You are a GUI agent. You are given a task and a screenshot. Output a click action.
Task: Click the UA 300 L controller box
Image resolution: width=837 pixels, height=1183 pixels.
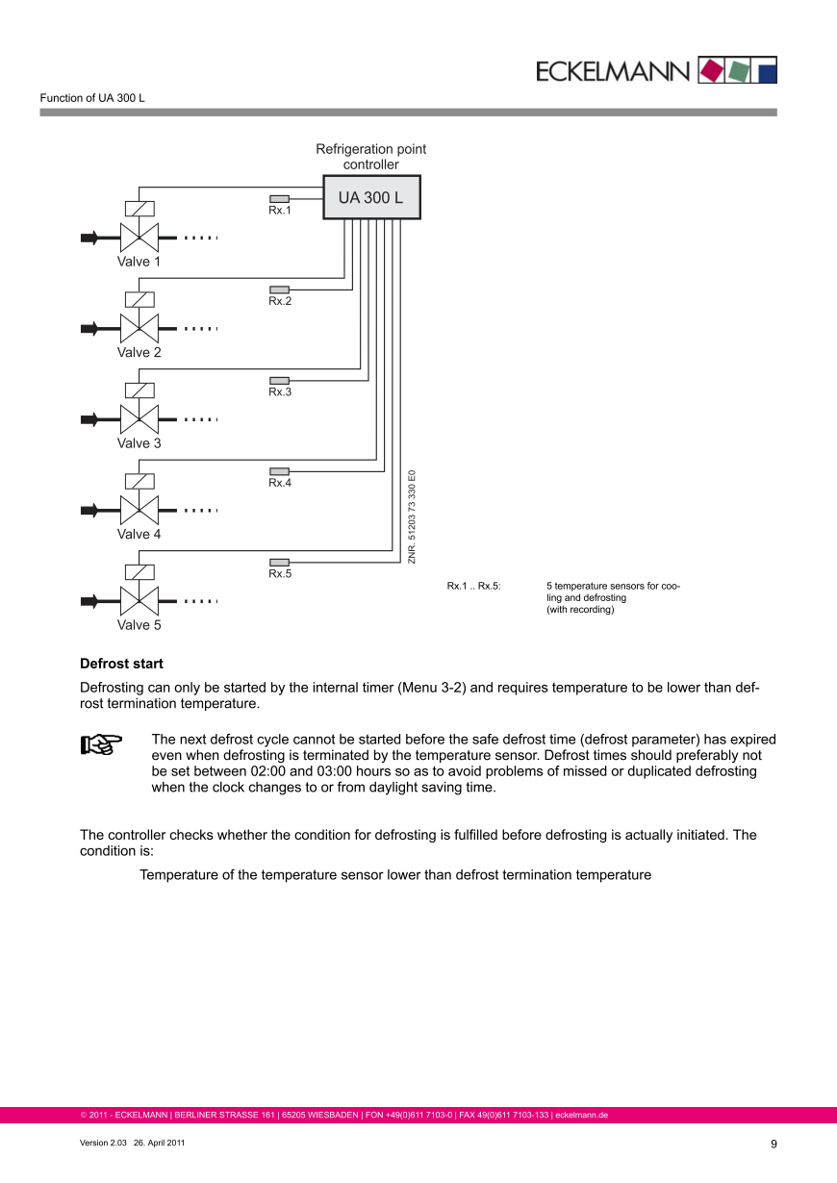370,198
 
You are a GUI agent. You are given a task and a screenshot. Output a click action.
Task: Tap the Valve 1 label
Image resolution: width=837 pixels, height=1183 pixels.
139,262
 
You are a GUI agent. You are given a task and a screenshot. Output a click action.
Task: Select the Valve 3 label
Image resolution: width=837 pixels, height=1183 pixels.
139,443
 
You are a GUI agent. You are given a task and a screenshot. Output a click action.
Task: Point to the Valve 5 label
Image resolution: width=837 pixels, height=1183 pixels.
139,625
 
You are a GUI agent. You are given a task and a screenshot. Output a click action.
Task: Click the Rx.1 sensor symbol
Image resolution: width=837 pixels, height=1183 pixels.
279,198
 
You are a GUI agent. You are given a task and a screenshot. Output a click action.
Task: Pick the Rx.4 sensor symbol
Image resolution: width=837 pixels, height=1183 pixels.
279,471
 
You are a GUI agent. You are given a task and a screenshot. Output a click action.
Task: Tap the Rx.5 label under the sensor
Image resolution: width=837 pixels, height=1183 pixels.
280,574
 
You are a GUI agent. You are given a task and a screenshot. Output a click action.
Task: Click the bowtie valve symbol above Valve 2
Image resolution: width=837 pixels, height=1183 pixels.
139,328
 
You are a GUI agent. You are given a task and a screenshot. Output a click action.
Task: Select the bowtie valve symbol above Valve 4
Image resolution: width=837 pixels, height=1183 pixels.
139,510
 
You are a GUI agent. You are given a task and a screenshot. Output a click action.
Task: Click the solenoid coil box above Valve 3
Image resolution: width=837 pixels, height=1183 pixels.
139,390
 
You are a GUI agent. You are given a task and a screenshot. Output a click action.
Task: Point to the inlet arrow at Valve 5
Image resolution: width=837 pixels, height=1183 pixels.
90,601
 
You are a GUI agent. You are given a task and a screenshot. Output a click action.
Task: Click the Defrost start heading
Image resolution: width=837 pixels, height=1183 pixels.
121,664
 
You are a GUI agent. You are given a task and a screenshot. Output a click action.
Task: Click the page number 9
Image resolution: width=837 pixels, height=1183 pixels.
774,1144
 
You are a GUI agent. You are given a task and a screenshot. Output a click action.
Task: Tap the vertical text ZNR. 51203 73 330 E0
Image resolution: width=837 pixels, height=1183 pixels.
412,516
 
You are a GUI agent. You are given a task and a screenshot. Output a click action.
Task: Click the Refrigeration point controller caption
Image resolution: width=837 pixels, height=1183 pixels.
370,157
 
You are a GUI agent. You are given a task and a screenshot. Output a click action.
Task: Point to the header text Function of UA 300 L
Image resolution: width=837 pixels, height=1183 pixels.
92,98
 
